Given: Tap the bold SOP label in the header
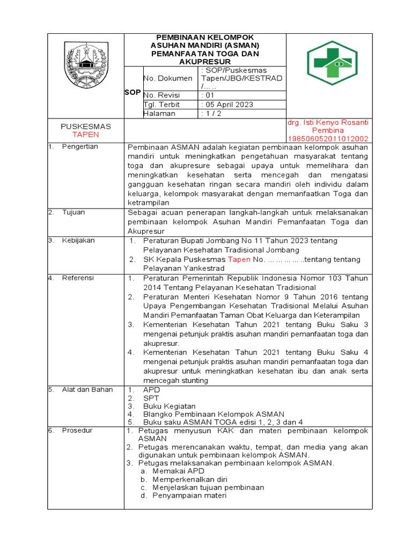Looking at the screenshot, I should [x=133, y=92].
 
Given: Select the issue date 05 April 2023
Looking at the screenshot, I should [x=228, y=105].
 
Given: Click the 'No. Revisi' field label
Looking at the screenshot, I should [x=161, y=95].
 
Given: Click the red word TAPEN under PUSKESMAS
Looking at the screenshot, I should [x=86, y=135].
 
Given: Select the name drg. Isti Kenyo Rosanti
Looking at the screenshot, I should [x=328, y=123].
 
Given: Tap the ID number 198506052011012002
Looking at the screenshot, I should [x=328, y=138].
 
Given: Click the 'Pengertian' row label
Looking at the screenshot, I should [x=80, y=147].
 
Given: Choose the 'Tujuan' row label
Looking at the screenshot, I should [x=74, y=212].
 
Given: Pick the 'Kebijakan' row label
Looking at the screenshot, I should [x=78, y=241].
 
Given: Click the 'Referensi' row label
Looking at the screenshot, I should [x=78, y=278].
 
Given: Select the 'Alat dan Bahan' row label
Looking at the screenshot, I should [x=87, y=390].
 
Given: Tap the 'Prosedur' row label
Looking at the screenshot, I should [x=77, y=431].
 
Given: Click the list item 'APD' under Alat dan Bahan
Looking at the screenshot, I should [x=151, y=390].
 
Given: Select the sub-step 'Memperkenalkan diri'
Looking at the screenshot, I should [x=190, y=479].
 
